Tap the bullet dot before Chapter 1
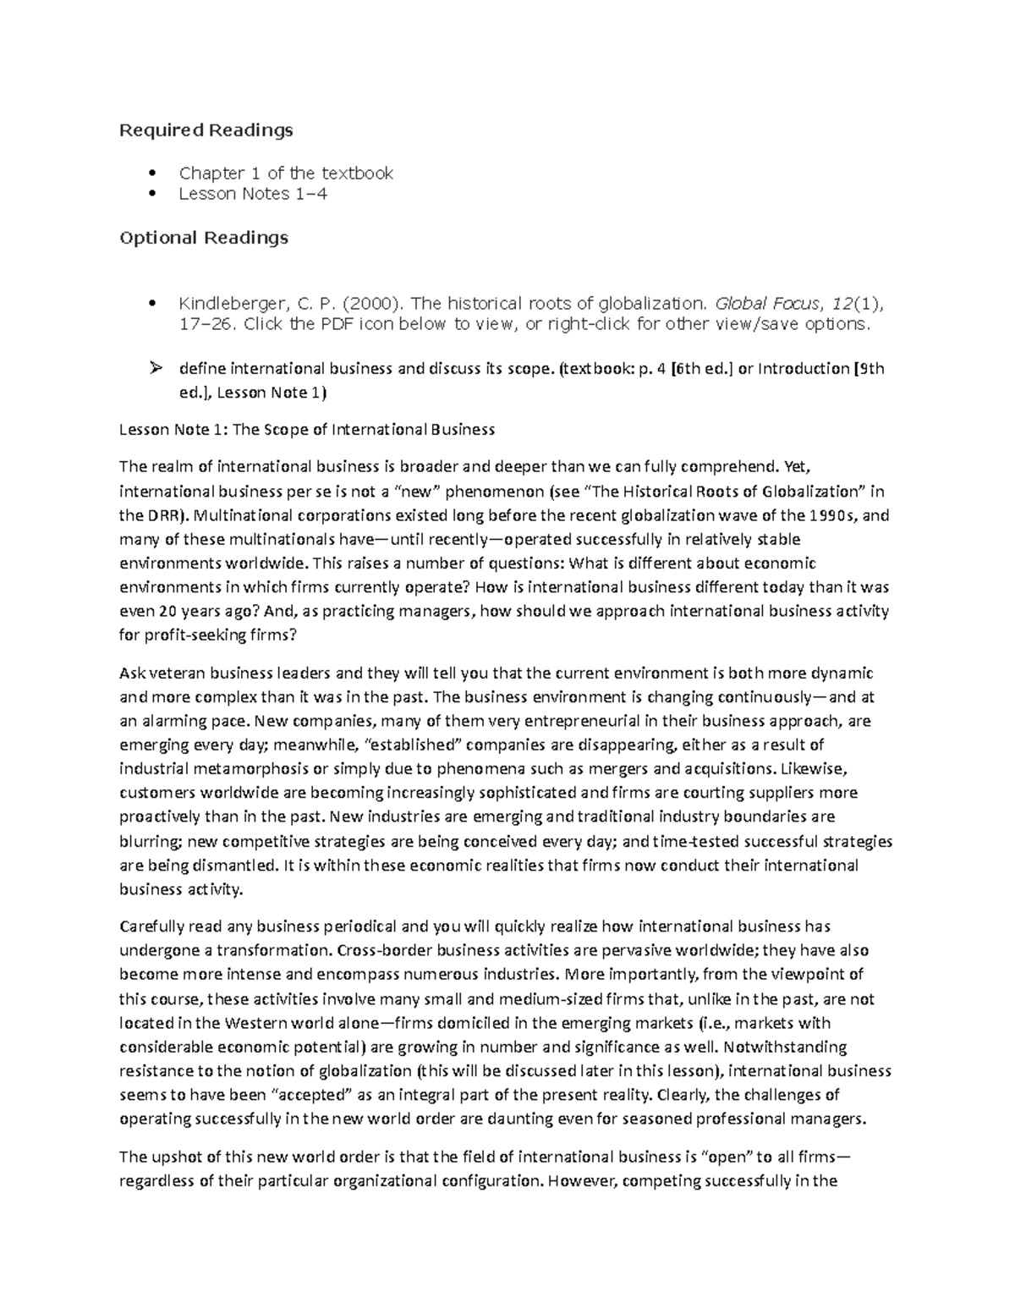[152, 173]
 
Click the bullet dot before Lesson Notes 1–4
[152, 194]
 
